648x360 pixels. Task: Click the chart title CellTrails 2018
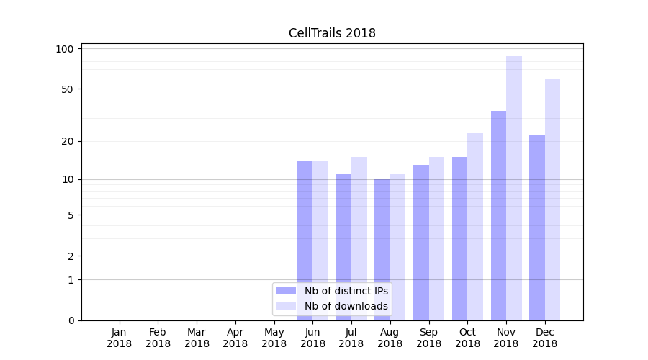point(332,33)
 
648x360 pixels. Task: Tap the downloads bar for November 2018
point(514,187)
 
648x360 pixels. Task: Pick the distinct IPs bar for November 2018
point(498,216)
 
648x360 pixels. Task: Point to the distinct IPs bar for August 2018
point(382,249)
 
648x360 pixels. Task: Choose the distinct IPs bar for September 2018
point(421,242)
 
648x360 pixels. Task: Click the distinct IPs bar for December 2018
point(537,228)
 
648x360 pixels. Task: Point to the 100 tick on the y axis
point(65,49)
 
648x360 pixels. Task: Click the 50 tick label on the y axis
point(68,89)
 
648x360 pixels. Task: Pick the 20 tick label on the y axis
point(68,141)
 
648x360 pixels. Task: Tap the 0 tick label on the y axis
point(71,320)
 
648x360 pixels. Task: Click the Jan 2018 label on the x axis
point(120,338)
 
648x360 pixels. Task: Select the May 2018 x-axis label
point(274,338)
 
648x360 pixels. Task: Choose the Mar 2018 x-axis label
point(197,338)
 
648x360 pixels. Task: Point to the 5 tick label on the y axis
point(71,215)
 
